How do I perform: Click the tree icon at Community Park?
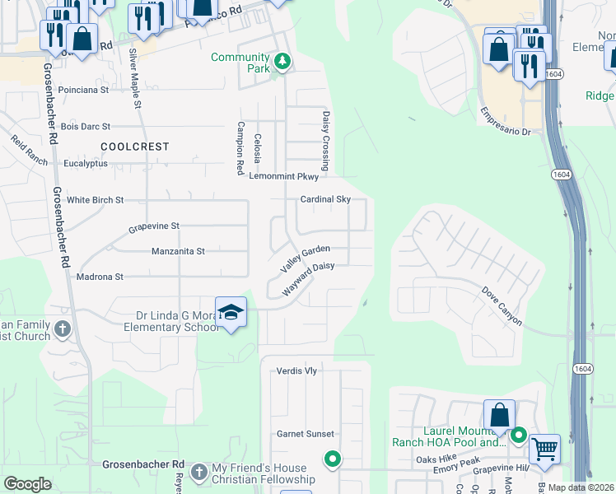282,63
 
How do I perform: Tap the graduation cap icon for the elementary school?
231,313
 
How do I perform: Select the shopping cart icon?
544,450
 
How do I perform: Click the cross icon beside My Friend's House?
198,472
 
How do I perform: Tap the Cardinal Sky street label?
325,199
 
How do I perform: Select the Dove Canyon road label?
502,305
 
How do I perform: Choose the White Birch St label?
95,200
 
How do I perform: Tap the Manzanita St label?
178,251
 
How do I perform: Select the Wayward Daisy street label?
309,279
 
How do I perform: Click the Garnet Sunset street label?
305,434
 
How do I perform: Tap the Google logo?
27,484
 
